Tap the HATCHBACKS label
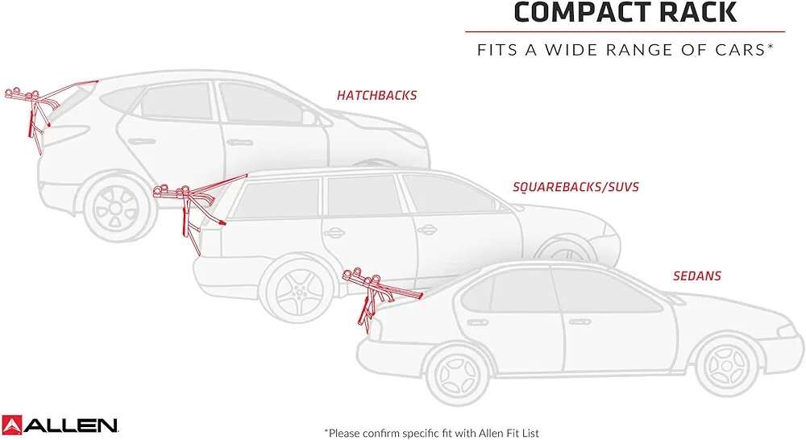pyautogui.click(x=376, y=96)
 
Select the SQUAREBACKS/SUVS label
pyautogui.click(x=575, y=187)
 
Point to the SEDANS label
pyautogui.click(x=697, y=276)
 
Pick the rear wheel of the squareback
pyautogui.click(x=297, y=291)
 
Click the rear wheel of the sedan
pyautogui.click(x=458, y=376)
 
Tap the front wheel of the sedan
pyautogui.click(x=727, y=366)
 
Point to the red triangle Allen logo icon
pyautogui.click(x=11, y=425)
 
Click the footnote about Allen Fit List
pyautogui.click(x=432, y=434)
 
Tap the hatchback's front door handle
pyautogui.click(x=240, y=143)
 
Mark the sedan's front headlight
pyautogui.click(x=790, y=331)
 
